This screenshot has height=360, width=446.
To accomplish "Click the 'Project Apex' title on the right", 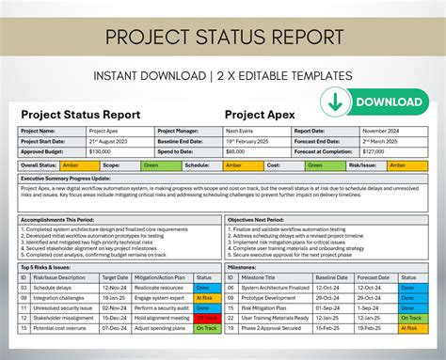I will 261,114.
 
